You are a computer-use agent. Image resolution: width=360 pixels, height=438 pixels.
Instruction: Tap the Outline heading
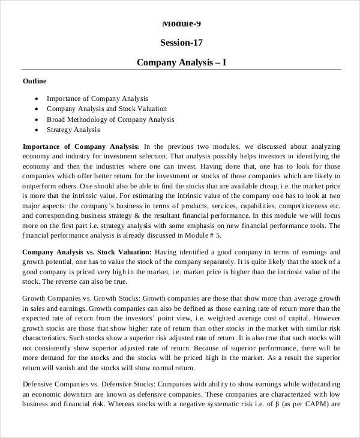click(34, 81)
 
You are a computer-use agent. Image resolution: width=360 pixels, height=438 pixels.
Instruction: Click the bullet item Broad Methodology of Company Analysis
click(110, 119)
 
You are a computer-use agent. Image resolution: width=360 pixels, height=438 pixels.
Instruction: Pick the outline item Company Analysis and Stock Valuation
click(107, 109)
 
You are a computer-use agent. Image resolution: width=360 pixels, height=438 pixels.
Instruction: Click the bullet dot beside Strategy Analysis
click(38, 130)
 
